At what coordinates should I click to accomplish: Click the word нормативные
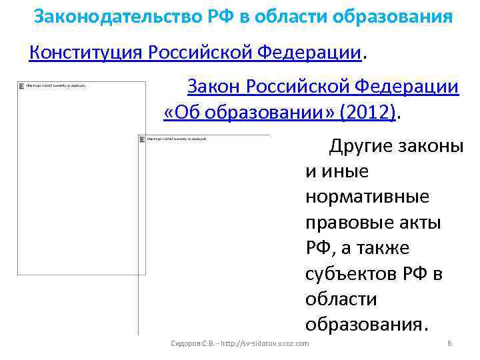click(x=367, y=197)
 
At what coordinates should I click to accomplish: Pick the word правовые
click(x=347, y=223)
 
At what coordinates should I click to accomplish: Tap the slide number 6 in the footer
click(x=449, y=343)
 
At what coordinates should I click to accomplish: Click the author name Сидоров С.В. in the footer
click(x=192, y=343)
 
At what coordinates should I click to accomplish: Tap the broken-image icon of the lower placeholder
click(x=142, y=139)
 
